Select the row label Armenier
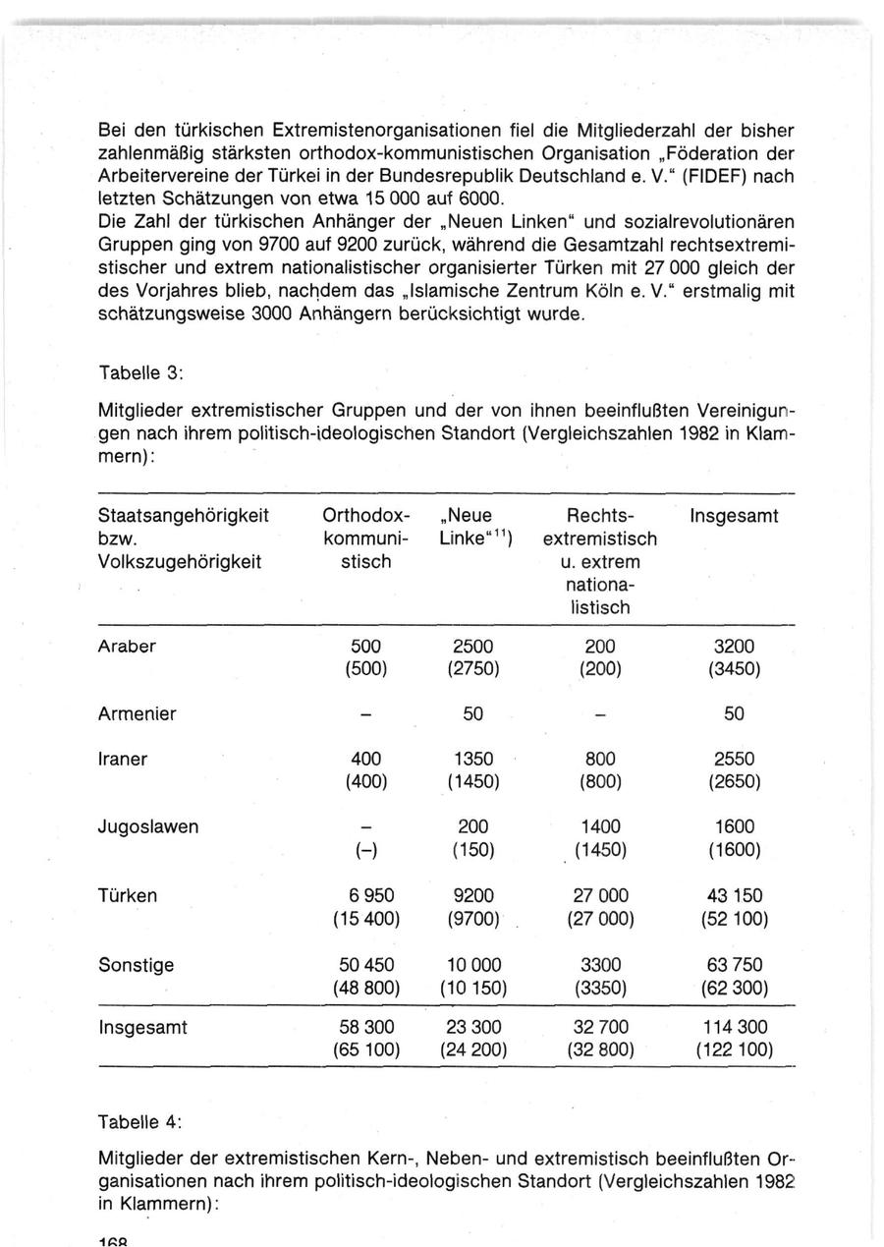click(137, 714)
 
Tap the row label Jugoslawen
click(147, 826)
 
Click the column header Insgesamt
click(734, 516)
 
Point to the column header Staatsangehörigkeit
click(183, 516)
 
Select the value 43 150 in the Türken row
click(734, 896)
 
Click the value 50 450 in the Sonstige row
click(364, 965)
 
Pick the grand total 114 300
click(734, 1027)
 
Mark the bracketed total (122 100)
click(734, 1049)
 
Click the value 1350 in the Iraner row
click(472, 759)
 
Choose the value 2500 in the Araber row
click(472, 647)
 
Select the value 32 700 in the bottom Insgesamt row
click(600, 1027)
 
